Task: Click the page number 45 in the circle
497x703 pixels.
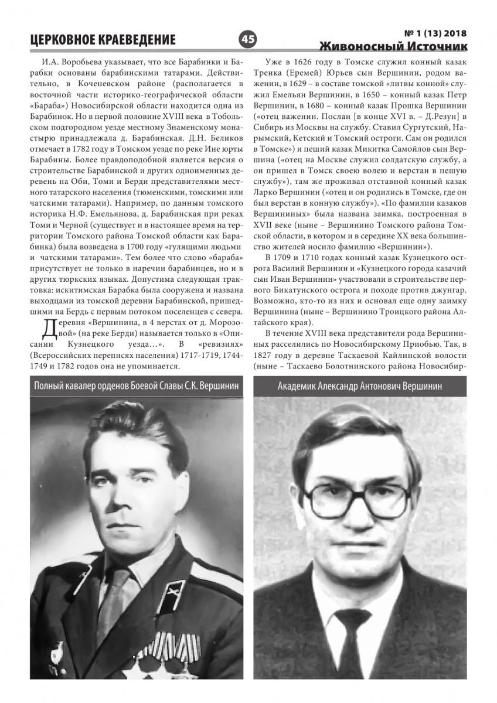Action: point(248,39)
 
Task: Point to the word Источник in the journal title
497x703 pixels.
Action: point(436,46)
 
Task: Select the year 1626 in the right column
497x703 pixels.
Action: point(308,61)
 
